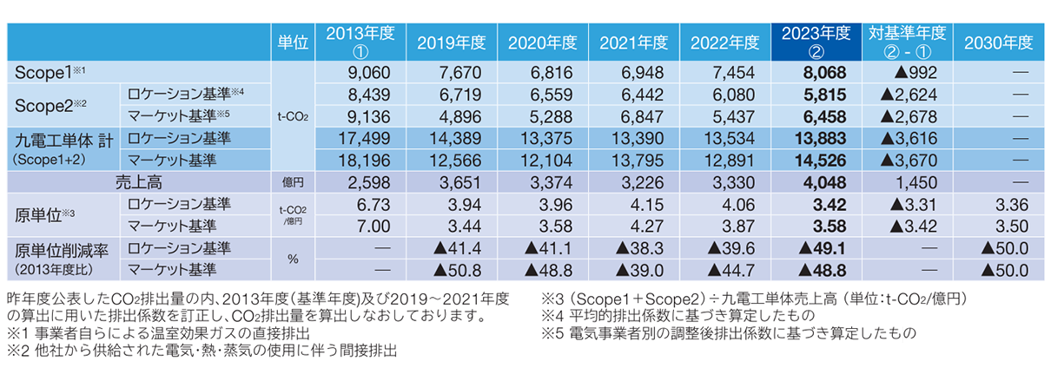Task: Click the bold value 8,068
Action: click(x=824, y=73)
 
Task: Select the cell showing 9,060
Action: click(x=373, y=73)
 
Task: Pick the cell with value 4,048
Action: click(x=824, y=182)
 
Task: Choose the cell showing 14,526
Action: click(x=821, y=160)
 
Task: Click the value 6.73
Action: click(x=377, y=204)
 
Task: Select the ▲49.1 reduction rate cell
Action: click(x=821, y=247)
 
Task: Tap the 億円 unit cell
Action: click(x=292, y=182)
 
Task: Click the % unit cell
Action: click(x=292, y=259)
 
